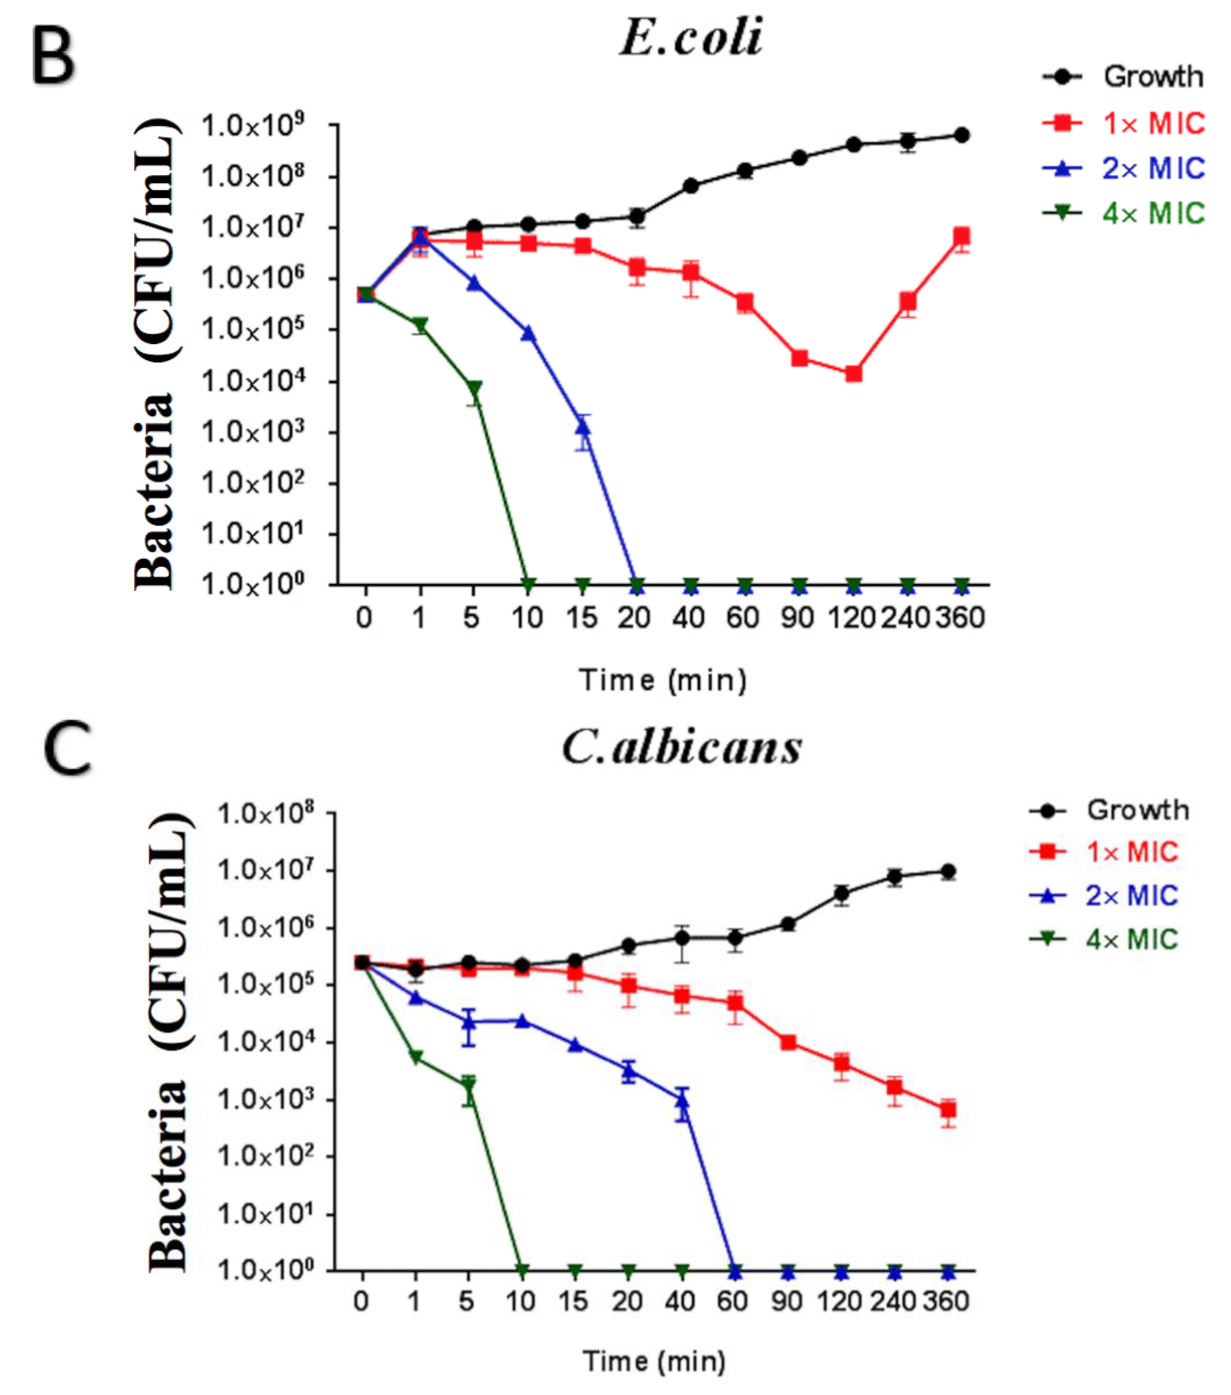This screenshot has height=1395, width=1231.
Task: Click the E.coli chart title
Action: pyautogui.click(x=691, y=38)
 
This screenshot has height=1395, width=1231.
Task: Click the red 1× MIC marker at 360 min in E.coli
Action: pyautogui.click(x=961, y=237)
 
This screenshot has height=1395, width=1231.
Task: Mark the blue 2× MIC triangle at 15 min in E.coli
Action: pyautogui.click(x=583, y=427)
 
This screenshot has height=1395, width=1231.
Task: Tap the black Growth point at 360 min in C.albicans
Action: pyautogui.click(x=947, y=871)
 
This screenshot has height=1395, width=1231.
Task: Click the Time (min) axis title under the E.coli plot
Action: pyautogui.click(x=662, y=680)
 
